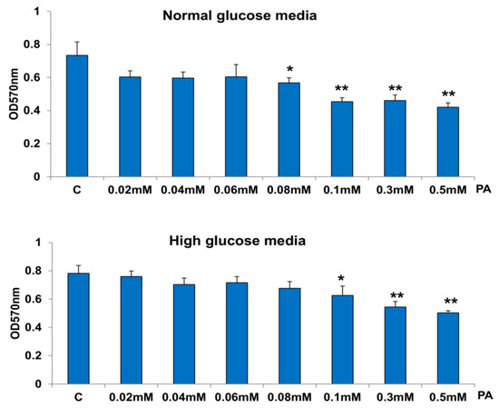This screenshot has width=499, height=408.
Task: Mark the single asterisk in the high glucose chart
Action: [341, 277]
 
